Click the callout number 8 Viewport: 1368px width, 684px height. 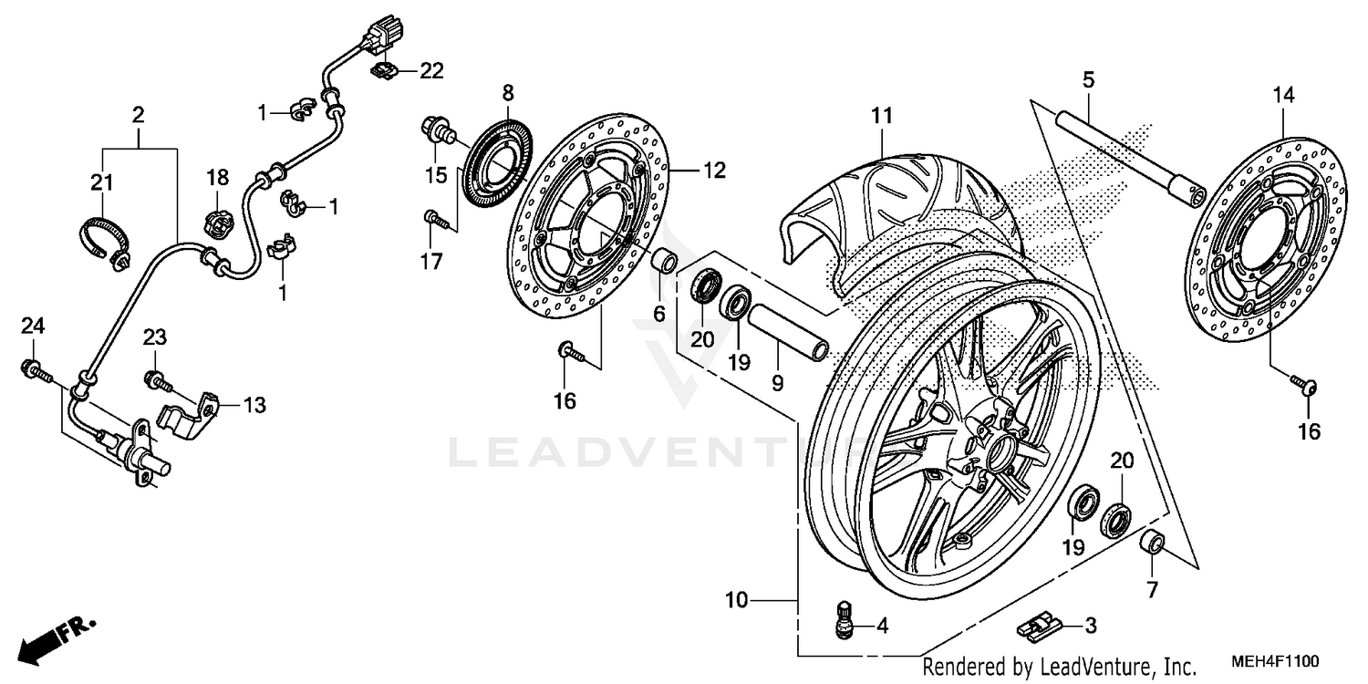tap(508, 92)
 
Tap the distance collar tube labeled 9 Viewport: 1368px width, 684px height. tap(788, 334)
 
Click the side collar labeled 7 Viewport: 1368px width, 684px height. tap(1154, 543)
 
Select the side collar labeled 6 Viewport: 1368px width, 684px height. tap(664, 260)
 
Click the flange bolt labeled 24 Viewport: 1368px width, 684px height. tap(34, 370)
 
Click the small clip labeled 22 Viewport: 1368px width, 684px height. tap(382, 69)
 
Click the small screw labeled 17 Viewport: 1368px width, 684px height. tap(435, 218)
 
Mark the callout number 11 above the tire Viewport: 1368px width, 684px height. tap(880, 117)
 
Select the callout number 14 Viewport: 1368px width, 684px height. tap(1284, 93)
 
